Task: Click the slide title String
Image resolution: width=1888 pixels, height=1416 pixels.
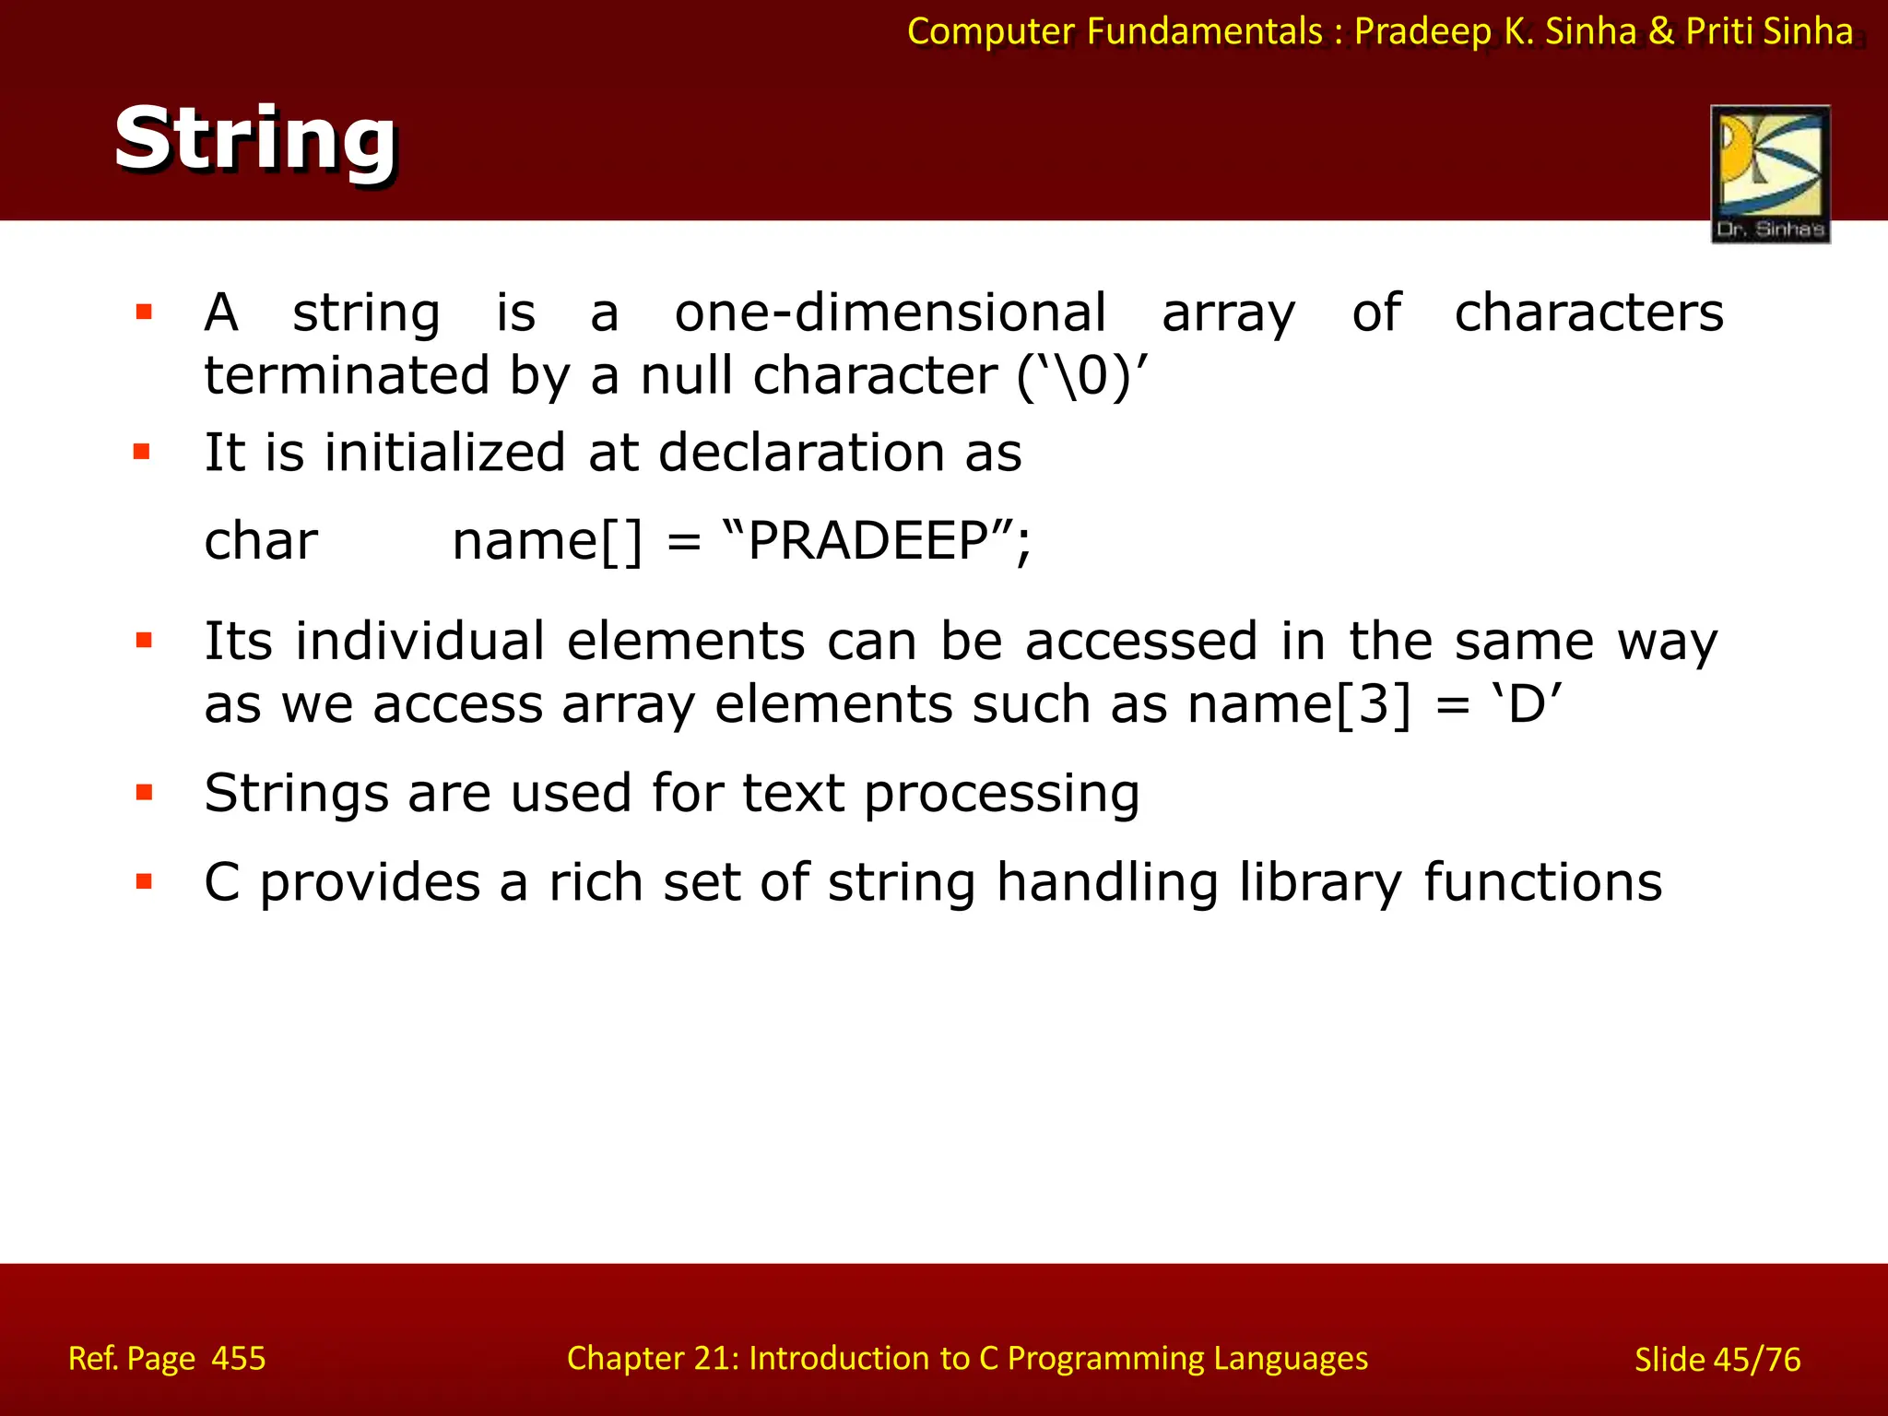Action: click(255, 139)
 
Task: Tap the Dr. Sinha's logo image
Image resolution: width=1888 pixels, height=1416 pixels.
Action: click(1770, 173)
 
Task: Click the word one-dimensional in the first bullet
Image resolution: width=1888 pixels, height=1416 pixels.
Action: click(890, 313)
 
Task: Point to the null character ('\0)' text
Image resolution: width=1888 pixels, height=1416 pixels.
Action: click(1083, 376)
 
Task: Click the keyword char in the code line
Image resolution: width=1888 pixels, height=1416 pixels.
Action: click(261, 541)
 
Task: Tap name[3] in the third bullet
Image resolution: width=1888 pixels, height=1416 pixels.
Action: click(1299, 705)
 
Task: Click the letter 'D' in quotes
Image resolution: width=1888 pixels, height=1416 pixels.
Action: click(1527, 705)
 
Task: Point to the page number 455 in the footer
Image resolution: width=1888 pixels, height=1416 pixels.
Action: click(239, 1358)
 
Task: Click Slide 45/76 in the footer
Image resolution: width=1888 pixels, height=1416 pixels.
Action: click(1717, 1359)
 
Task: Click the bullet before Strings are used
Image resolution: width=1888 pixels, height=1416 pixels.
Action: click(144, 792)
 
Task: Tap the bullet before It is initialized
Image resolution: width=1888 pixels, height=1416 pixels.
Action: click(142, 452)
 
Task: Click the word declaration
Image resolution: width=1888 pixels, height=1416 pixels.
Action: click(801, 453)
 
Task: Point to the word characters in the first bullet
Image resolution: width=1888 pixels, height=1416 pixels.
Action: click(1588, 313)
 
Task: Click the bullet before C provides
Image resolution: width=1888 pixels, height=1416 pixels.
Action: click(144, 881)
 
